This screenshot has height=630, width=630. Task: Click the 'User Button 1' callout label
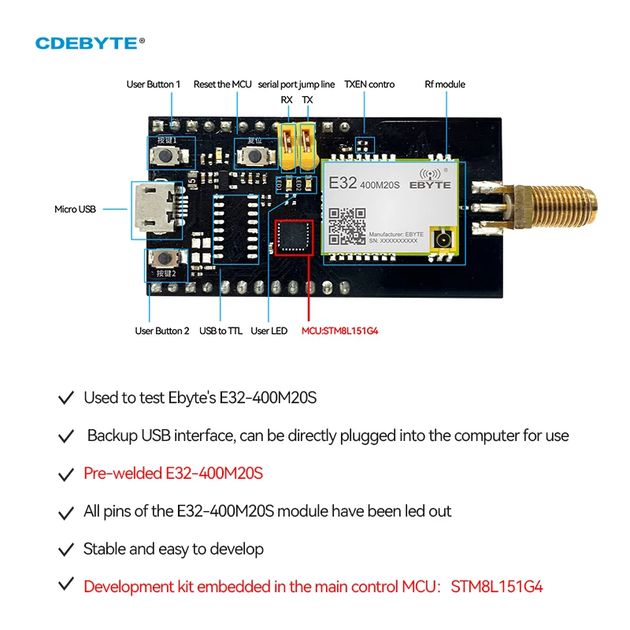point(154,84)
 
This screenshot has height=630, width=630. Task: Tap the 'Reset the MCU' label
point(222,84)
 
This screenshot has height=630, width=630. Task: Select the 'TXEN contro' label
point(369,84)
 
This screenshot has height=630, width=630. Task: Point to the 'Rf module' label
point(445,84)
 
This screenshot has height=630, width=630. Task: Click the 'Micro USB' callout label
point(76,209)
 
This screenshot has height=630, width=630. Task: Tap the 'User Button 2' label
point(162,331)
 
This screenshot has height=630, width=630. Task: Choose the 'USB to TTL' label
point(220,331)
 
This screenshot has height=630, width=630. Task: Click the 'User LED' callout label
point(269,331)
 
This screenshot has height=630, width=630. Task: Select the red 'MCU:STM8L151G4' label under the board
point(340,331)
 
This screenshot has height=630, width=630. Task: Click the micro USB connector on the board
point(149,209)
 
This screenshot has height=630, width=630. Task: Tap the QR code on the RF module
point(346,225)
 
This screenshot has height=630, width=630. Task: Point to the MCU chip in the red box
point(293,239)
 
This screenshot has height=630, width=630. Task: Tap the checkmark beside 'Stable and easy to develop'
point(67,549)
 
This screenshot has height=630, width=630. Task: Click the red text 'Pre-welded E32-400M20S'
point(173,473)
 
